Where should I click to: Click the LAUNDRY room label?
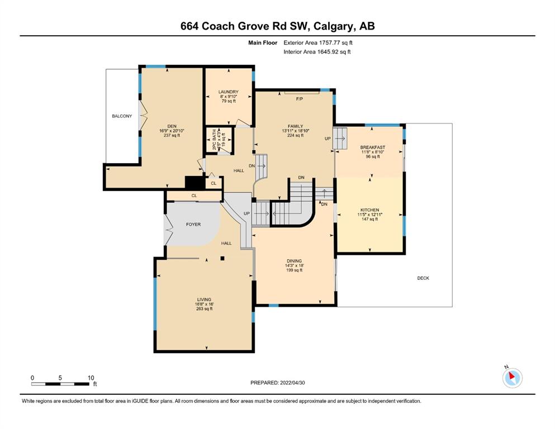click(228, 92)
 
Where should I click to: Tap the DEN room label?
click(172, 126)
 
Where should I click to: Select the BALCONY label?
click(122, 116)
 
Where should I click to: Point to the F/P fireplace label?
click(300, 99)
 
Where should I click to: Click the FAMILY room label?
click(295, 126)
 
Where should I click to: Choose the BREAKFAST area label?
click(373, 147)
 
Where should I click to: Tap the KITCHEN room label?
click(370, 210)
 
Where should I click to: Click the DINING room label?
click(294, 261)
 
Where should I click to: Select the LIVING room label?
click(204, 299)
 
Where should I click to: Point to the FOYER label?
click(193, 224)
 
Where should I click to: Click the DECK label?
click(423, 278)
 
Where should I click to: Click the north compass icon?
click(512, 378)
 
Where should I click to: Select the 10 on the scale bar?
click(91, 378)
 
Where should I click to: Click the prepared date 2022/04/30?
click(292, 383)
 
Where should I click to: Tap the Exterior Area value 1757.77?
click(330, 43)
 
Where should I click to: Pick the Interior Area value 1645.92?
click(328, 51)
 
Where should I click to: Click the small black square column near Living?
click(222, 259)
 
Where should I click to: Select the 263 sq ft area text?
click(204, 309)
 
